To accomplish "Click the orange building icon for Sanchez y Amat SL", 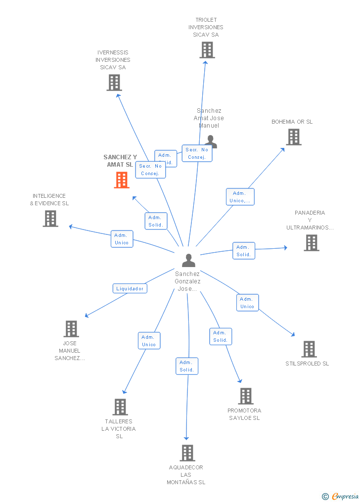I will [122, 180].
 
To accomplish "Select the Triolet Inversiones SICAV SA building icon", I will [207, 50].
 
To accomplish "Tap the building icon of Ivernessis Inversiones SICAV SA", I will [114, 83].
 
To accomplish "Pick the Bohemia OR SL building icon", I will [294, 137].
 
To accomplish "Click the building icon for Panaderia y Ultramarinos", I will [311, 243].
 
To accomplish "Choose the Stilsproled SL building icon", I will [309, 349].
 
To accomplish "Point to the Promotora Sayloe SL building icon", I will [246, 396].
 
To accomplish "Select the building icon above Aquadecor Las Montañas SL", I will [187, 453].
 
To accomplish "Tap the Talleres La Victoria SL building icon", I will [120, 407].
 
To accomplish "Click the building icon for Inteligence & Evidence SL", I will [50, 219].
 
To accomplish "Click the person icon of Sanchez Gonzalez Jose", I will [188, 260].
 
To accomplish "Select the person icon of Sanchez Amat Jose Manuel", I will [211, 141].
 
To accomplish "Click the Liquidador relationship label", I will [130, 288].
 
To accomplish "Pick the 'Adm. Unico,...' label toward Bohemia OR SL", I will [240, 197].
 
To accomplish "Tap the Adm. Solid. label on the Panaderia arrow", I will [244, 251].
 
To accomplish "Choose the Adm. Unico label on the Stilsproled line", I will [247, 303].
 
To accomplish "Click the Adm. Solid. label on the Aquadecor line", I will [187, 366].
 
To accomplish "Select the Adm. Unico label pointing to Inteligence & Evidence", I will [122, 239].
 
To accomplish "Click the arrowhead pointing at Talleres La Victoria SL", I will [124, 391].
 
